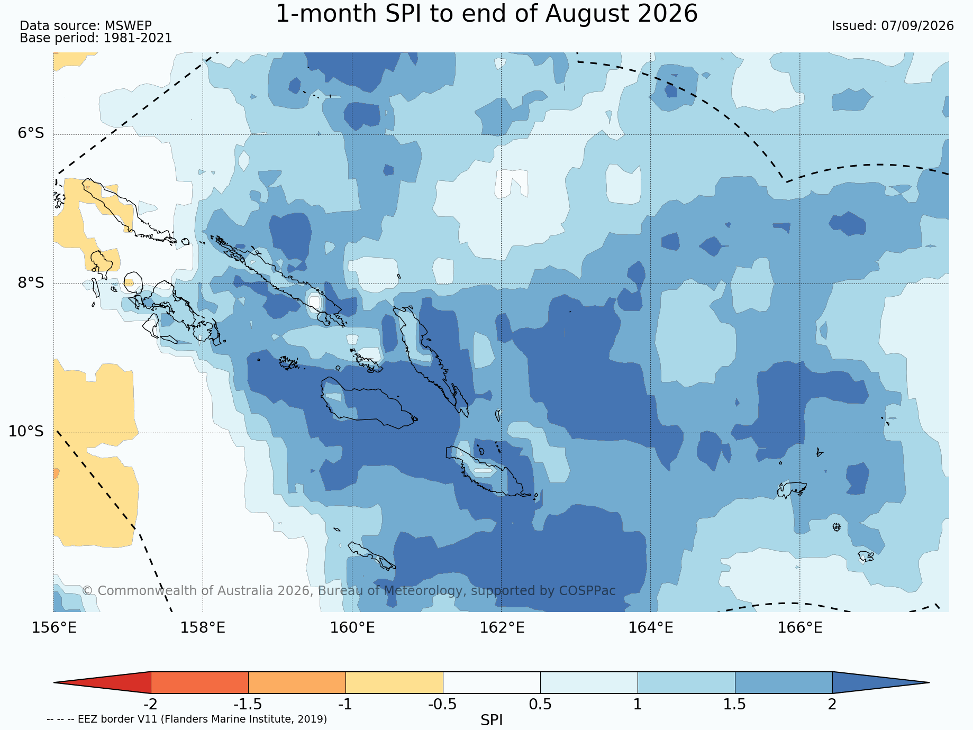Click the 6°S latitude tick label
tap(31, 133)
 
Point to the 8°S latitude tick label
tap(31, 282)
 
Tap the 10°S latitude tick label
tap(26, 432)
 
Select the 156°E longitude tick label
tap(54, 628)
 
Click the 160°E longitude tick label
tap(352, 628)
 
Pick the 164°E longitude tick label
tap(651, 628)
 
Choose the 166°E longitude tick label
tap(800, 628)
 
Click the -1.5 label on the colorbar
tap(248, 705)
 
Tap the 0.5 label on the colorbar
tap(540, 705)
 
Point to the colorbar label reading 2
tap(832, 705)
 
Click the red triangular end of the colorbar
tap(103, 682)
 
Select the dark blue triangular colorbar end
tap(881, 682)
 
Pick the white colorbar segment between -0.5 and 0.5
tap(492, 682)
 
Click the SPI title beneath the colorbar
tap(492, 720)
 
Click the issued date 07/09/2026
tap(917, 26)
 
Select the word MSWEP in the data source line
tap(128, 26)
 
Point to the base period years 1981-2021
tap(138, 38)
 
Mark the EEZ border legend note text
tap(187, 719)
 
